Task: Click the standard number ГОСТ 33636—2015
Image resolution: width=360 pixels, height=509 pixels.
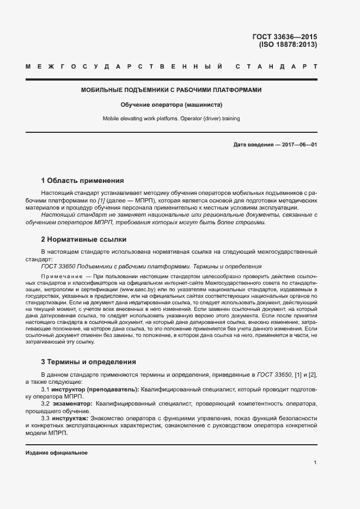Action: point(284,37)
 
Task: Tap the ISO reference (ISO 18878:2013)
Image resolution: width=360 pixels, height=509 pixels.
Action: point(288,45)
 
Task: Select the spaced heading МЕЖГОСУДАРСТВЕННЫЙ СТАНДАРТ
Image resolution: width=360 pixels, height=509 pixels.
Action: point(172,67)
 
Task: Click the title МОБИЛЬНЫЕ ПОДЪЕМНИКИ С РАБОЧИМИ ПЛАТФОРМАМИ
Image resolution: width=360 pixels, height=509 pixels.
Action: point(172,89)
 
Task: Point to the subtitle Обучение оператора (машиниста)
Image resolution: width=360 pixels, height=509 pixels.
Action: point(172,104)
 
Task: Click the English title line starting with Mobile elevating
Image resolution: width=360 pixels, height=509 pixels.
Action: point(172,118)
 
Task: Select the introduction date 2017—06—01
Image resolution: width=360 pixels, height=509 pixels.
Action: point(298,145)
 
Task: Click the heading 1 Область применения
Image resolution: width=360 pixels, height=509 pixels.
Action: point(83,180)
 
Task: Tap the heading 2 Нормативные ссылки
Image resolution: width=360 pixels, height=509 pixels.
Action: point(84,239)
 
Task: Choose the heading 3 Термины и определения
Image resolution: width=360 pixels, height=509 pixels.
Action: point(89,362)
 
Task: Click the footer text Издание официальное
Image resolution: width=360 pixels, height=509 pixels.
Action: point(57,453)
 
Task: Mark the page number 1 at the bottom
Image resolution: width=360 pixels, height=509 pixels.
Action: point(315,463)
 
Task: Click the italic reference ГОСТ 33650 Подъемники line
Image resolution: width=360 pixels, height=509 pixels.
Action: point(151,266)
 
